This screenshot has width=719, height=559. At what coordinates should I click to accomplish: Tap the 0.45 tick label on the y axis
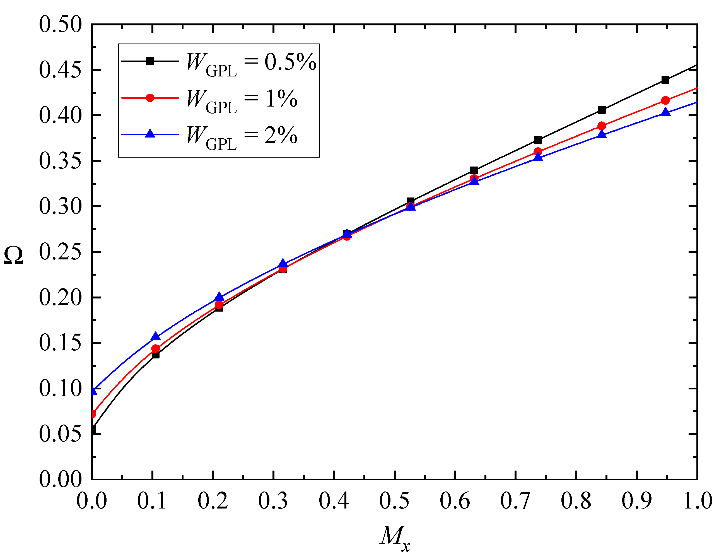click(x=60, y=70)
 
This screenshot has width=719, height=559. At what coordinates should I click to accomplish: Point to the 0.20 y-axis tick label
click(x=60, y=298)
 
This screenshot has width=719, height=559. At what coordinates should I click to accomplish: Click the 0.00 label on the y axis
click(x=60, y=479)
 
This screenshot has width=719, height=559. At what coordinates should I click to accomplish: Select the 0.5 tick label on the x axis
click(x=394, y=501)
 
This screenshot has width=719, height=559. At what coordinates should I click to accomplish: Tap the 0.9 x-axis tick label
click(x=637, y=501)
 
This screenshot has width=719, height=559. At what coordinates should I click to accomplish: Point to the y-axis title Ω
click(x=13, y=256)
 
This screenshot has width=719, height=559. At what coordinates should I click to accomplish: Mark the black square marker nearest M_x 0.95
click(x=665, y=80)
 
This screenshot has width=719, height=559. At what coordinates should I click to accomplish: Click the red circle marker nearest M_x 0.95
click(x=665, y=100)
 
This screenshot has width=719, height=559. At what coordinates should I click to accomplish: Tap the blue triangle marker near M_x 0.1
click(x=156, y=337)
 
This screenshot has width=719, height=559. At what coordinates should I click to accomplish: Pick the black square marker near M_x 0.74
click(x=538, y=140)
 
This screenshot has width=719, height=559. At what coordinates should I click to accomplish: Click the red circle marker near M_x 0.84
click(x=602, y=126)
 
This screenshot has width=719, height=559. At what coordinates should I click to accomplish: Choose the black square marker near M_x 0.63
click(x=474, y=170)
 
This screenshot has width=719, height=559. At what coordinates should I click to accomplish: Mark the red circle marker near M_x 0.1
click(x=155, y=349)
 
